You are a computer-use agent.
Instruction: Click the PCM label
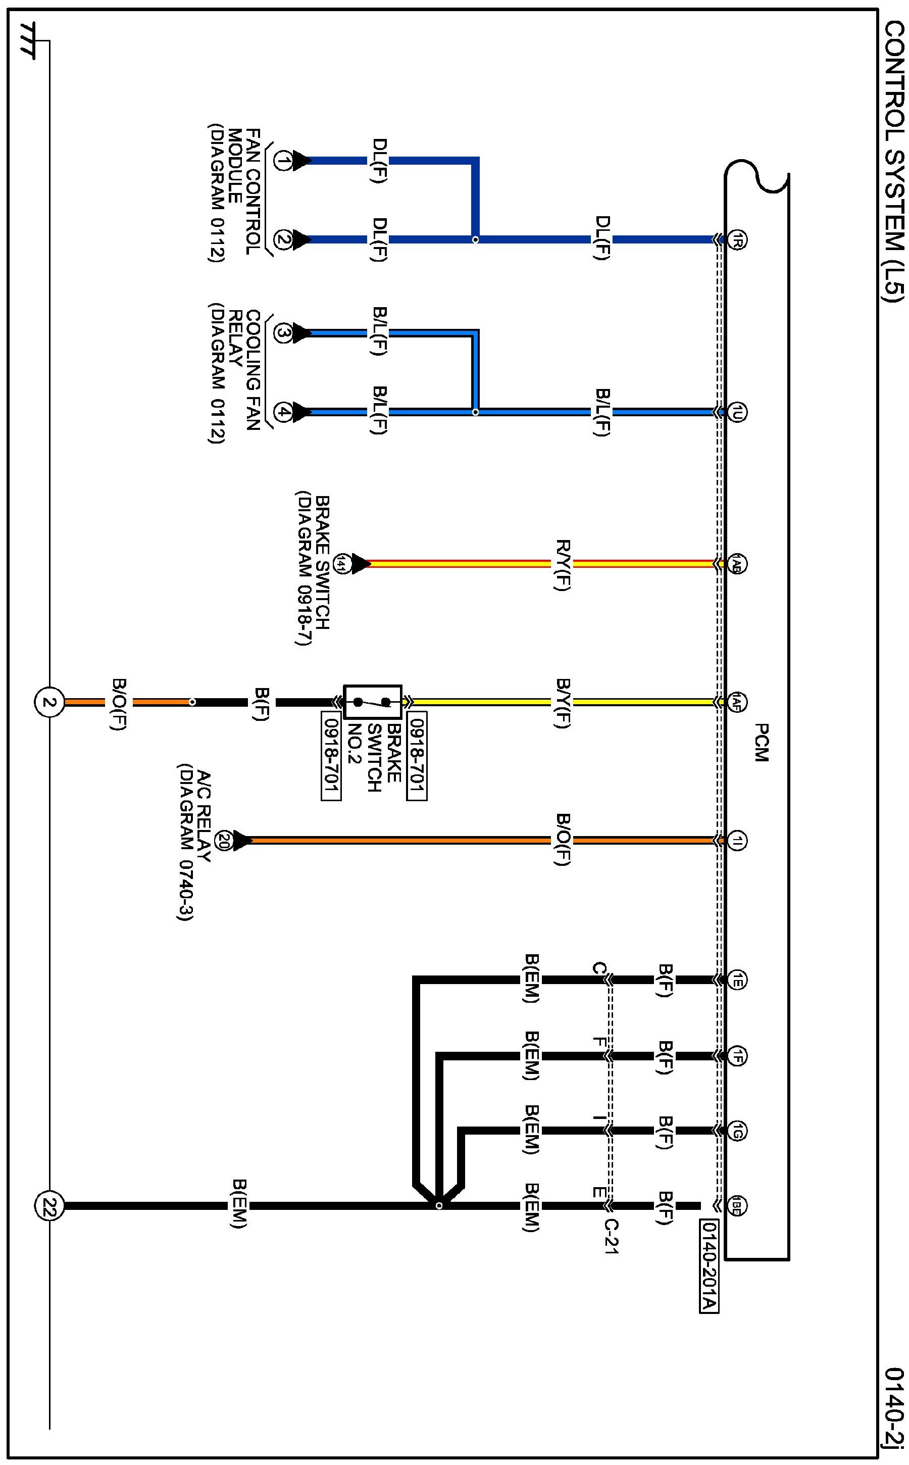tap(761, 743)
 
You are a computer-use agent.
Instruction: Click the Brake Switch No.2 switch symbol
tap(373, 701)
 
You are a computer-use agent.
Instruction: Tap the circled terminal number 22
tap(48, 1206)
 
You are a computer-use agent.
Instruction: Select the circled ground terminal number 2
tap(48, 702)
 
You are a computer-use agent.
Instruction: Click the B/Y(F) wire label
tap(562, 702)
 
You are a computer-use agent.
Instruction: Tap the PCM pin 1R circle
tap(737, 240)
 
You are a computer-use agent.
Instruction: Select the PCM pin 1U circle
tap(737, 413)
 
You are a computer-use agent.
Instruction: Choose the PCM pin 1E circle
tap(737, 980)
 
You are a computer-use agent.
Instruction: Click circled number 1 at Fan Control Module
tap(283, 161)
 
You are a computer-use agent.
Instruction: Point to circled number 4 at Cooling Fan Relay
tap(283, 413)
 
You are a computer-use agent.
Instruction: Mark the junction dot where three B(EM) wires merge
tap(439, 1206)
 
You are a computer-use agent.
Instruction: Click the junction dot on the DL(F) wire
tap(476, 240)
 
